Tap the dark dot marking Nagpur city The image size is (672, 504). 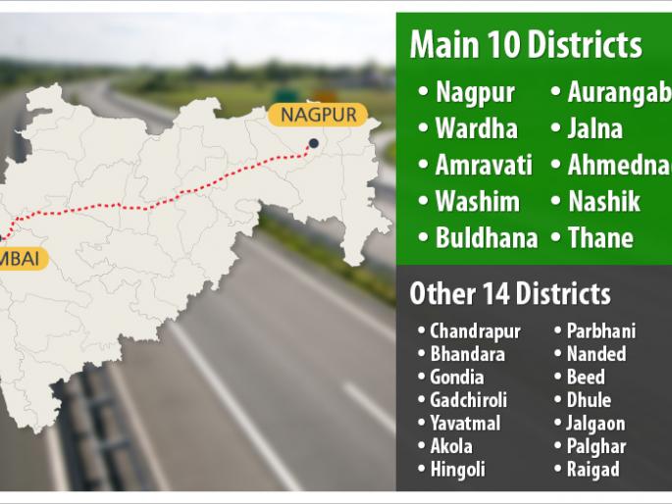click(x=313, y=144)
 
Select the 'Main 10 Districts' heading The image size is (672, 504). click(x=526, y=44)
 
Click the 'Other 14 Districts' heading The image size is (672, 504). click(x=509, y=293)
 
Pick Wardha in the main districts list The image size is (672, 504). click(x=476, y=128)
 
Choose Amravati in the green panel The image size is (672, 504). click(x=483, y=165)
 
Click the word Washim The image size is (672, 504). click(x=477, y=201)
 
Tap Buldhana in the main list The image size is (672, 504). click(x=486, y=237)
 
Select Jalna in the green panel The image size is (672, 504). click(x=594, y=128)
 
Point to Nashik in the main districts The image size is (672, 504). click(x=603, y=201)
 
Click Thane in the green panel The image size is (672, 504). click(x=599, y=237)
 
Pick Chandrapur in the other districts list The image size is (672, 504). click(x=475, y=330)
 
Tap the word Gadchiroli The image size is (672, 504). click(x=468, y=400)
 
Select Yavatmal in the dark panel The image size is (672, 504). click(x=464, y=424)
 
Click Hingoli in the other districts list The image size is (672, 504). click(x=457, y=470)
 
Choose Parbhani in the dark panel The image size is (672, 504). click(x=600, y=330)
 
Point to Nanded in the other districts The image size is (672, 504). click(x=595, y=354)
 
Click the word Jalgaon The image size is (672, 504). click(x=595, y=424)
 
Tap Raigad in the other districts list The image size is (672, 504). click(x=593, y=470)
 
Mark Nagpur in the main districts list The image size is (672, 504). click(x=475, y=92)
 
